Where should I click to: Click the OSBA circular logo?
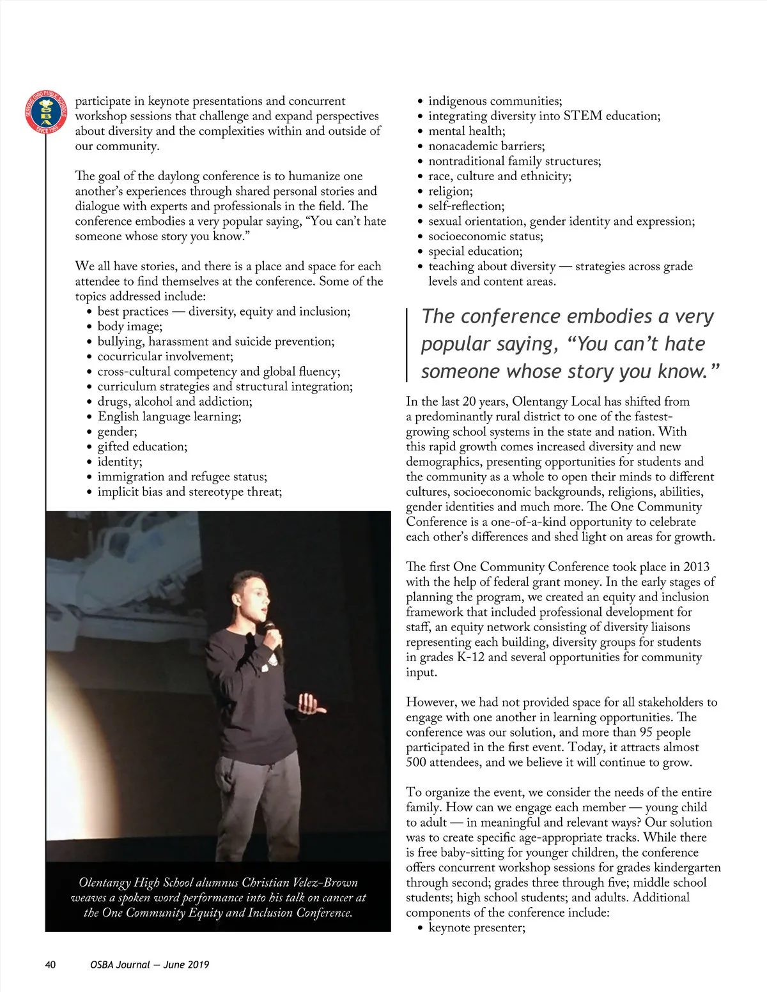[x=45, y=112]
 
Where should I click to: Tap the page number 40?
[x=50, y=965]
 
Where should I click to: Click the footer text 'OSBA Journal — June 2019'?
[x=150, y=965]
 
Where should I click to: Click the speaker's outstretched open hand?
[x=311, y=705]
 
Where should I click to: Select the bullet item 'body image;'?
[x=130, y=326]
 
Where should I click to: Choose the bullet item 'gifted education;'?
[x=142, y=446]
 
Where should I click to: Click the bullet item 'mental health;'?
[x=467, y=131]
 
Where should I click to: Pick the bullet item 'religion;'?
[x=451, y=191]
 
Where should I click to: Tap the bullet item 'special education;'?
[x=476, y=251]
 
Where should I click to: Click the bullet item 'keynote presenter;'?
[x=477, y=927]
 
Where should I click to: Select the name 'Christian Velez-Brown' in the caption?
[x=298, y=883]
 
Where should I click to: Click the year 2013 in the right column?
[x=696, y=567]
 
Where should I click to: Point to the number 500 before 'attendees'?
[x=417, y=762]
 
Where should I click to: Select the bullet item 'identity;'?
[x=120, y=461]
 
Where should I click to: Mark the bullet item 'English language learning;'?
[x=169, y=416]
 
